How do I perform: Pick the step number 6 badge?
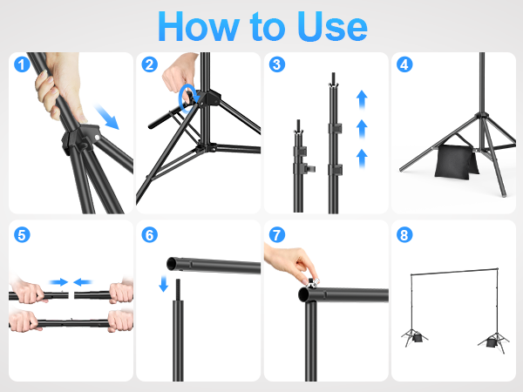pyautogui.click(x=150, y=235)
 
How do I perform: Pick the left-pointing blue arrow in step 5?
pyautogui.click(x=84, y=282)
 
